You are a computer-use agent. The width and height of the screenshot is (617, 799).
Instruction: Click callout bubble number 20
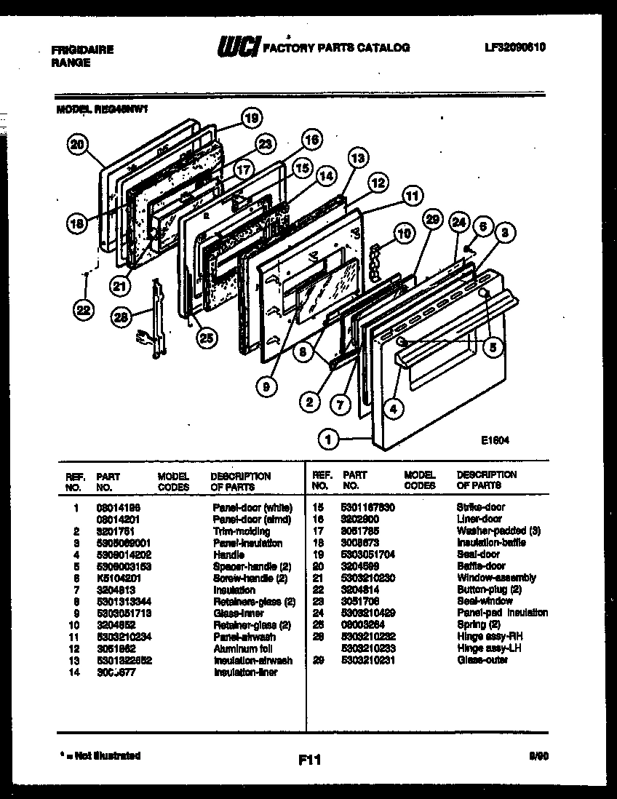pyautogui.click(x=76, y=146)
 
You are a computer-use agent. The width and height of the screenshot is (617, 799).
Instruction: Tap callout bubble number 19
pyautogui.click(x=251, y=117)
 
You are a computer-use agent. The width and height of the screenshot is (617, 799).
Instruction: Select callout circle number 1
pyautogui.click(x=328, y=439)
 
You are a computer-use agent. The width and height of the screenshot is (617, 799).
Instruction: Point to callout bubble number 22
pyautogui.click(x=84, y=311)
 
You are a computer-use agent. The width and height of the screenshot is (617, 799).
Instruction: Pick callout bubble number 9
pyautogui.click(x=266, y=388)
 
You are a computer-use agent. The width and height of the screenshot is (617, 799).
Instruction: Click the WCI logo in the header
pyautogui.click(x=237, y=47)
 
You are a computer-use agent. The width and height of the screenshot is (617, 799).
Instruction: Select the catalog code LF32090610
pyautogui.click(x=515, y=47)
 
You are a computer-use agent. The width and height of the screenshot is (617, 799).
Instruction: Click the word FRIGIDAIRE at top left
pyautogui.click(x=82, y=50)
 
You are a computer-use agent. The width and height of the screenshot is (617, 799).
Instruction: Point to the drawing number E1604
pyautogui.click(x=494, y=440)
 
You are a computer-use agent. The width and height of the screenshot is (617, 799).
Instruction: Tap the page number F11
pyautogui.click(x=309, y=760)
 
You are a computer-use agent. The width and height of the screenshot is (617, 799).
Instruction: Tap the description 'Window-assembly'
pyautogui.click(x=495, y=578)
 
